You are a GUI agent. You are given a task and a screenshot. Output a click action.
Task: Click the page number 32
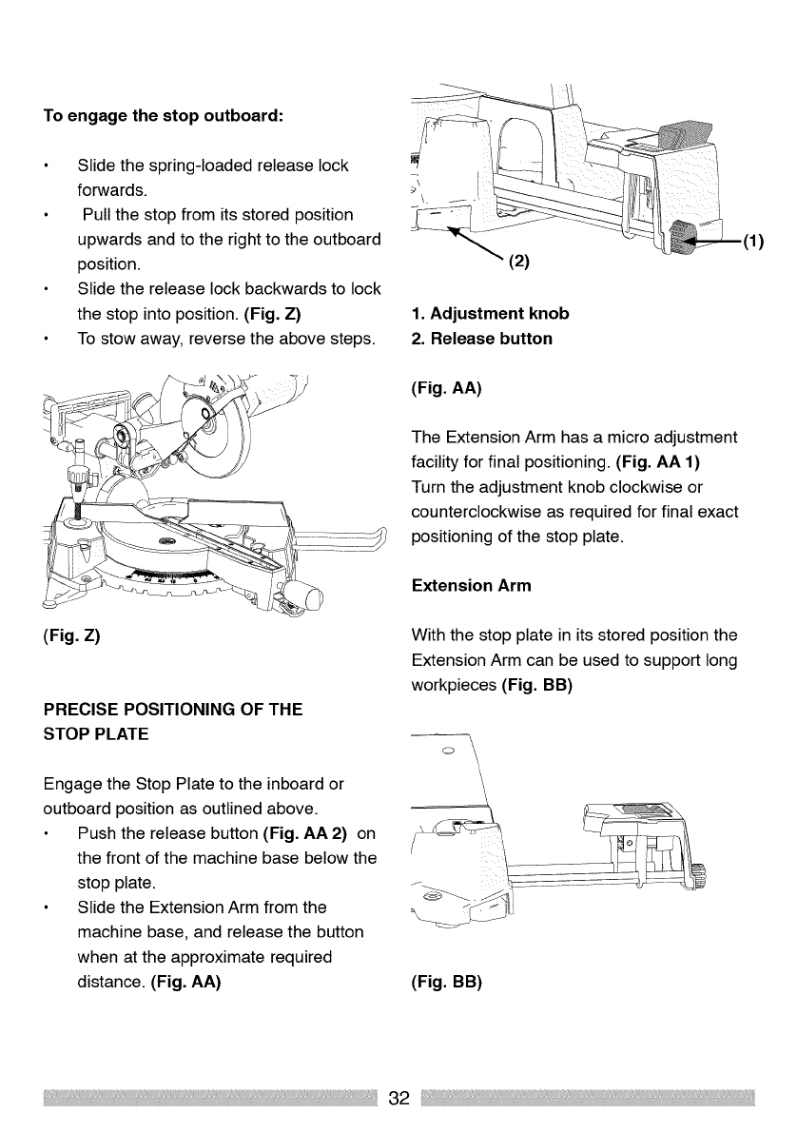tap(398, 1098)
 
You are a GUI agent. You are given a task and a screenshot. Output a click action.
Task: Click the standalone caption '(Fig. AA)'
tap(446, 387)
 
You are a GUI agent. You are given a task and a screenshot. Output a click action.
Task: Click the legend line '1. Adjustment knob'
tap(490, 314)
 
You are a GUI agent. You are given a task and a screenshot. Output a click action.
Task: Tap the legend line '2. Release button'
tap(481, 339)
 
